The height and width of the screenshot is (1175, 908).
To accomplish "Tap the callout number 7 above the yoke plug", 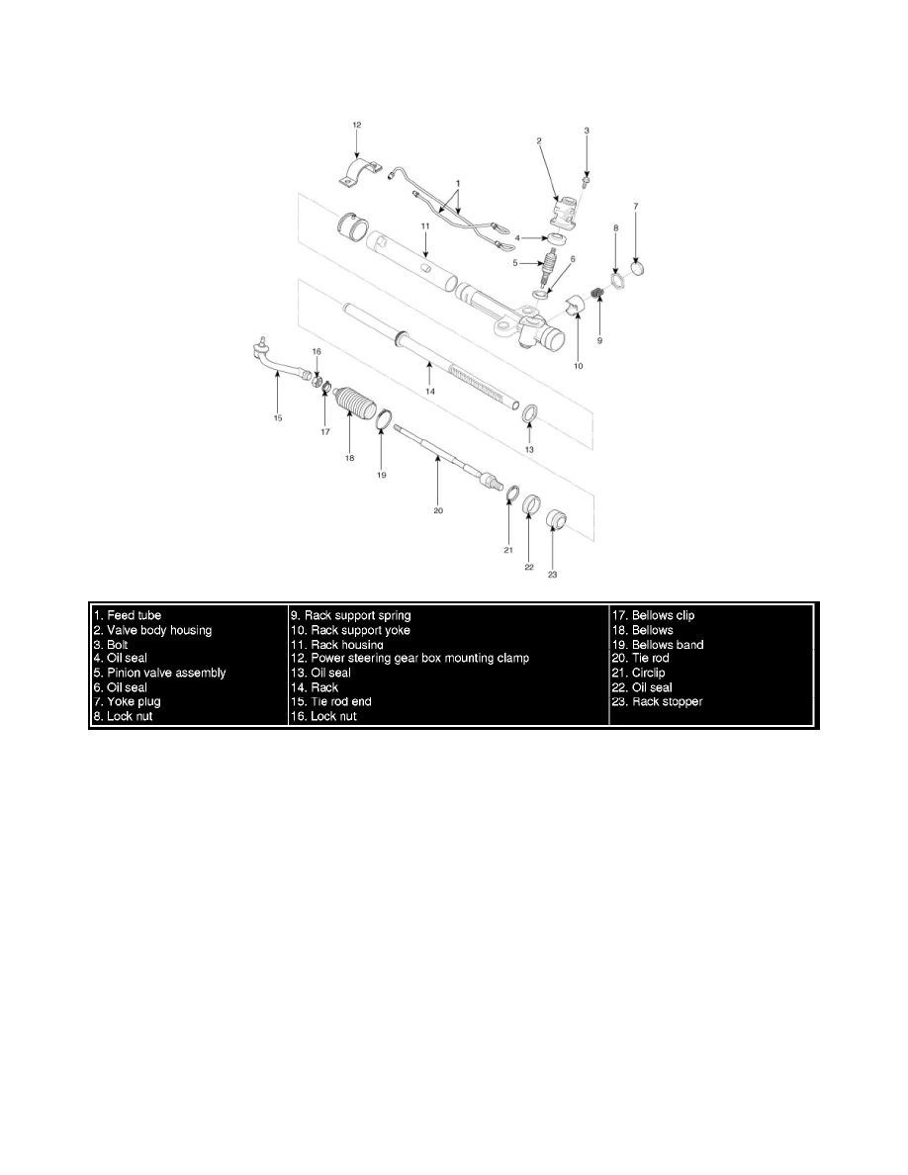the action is [636, 206].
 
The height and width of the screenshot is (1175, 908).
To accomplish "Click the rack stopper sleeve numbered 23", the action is [555, 519].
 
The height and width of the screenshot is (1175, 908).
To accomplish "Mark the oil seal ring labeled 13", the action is [530, 412].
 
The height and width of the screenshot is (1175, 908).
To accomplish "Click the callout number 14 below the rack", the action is [430, 391].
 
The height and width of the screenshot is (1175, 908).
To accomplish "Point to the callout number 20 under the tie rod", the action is [438, 510].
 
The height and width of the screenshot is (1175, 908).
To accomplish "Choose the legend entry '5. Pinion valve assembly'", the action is [159, 673].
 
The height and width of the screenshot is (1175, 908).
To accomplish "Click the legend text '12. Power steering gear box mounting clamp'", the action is [409, 658].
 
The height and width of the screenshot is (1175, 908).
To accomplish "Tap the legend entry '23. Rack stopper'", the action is [657, 701].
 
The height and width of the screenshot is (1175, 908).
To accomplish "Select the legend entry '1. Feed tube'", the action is [128, 615].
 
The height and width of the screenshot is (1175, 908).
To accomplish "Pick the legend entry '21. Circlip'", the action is [638, 673].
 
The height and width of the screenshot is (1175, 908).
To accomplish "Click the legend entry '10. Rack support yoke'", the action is [350, 629].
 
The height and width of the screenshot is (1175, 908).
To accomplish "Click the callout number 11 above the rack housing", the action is [424, 226].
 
